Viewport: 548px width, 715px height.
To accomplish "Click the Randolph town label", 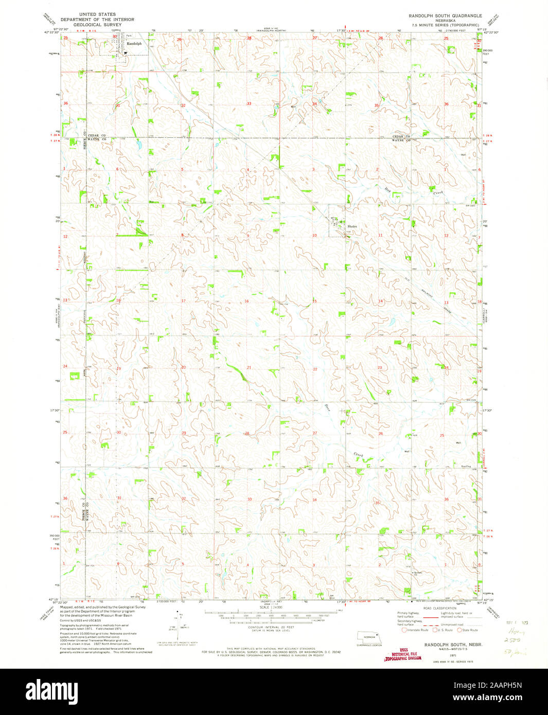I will click(134, 44).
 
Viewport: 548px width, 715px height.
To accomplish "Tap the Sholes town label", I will click(352, 226).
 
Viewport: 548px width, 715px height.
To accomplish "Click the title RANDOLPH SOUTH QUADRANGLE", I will click(442, 16).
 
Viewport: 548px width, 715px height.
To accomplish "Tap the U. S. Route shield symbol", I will click(435, 630).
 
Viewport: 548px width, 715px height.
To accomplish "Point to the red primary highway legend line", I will click(428, 615).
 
